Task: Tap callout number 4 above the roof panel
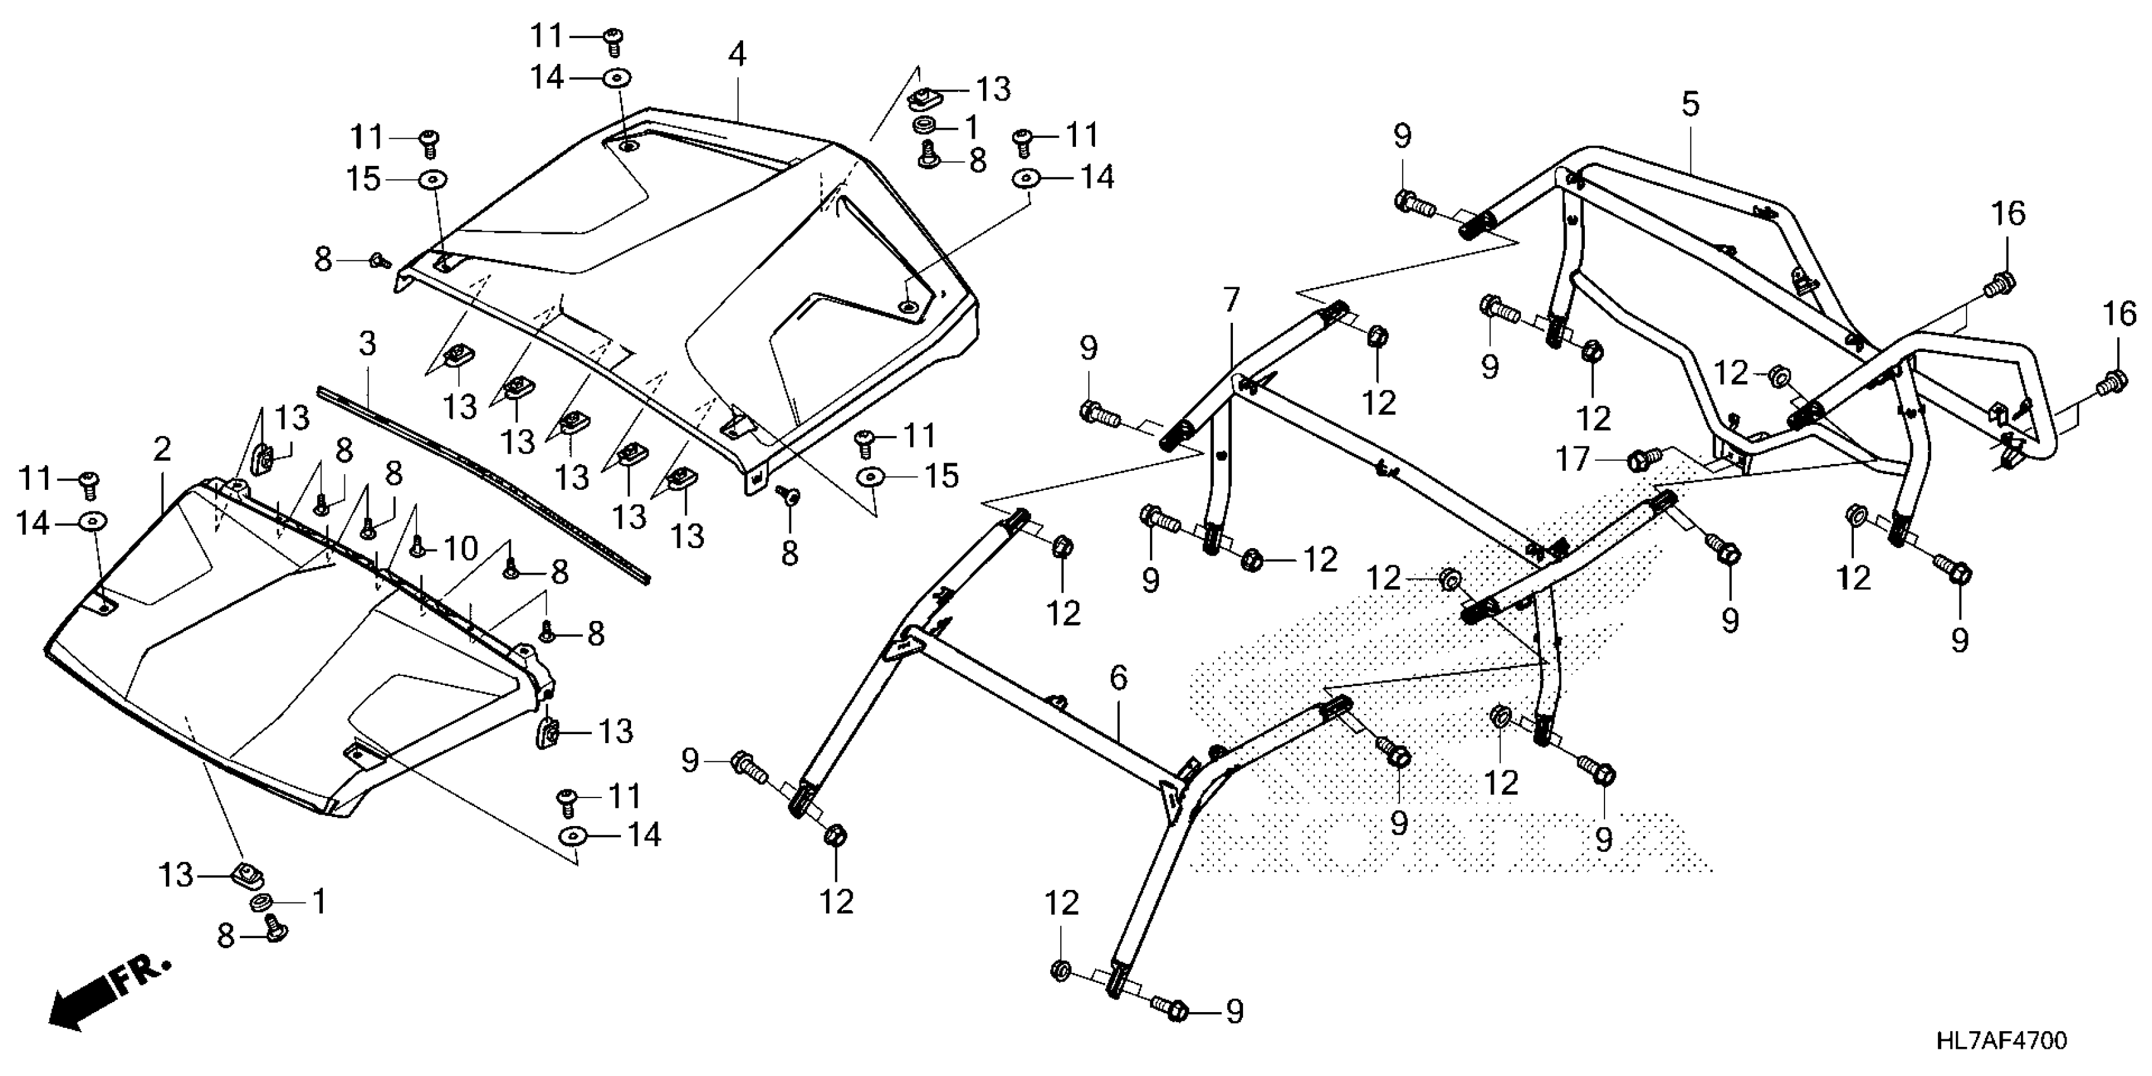(x=736, y=54)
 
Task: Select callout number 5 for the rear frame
(x=1690, y=104)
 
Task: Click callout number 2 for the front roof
(x=162, y=449)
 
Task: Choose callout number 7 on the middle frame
(x=1231, y=299)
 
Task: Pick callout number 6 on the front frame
(x=1118, y=679)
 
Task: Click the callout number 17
(x=1572, y=459)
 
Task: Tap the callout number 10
(x=460, y=549)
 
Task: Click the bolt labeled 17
(x=1639, y=458)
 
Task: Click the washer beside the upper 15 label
(x=433, y=180)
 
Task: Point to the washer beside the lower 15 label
(x=872, y=475)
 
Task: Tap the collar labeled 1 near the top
(x=925, y=126)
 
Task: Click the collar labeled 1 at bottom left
(x=261, y=904)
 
